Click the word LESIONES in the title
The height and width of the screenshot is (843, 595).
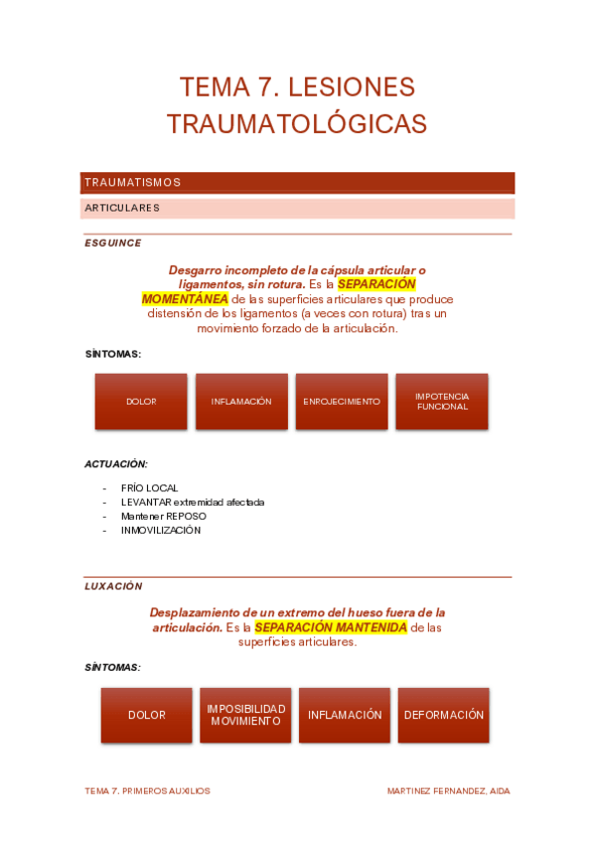351,87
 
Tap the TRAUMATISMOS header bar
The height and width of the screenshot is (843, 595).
297,183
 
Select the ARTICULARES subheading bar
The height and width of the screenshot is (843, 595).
297,209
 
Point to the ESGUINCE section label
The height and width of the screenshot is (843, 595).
113,243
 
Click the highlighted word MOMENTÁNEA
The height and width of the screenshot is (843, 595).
185,299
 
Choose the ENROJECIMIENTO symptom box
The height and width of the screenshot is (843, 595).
342,402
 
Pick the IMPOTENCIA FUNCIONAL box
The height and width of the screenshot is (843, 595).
442,402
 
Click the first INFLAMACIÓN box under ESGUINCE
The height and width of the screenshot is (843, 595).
241,402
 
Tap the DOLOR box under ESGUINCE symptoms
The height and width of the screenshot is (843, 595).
141,402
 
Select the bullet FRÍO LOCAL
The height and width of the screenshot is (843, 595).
150,488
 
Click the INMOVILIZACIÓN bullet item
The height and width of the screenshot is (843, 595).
161,530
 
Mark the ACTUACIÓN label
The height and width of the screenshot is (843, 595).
116,464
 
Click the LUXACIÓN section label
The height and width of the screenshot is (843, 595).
113,587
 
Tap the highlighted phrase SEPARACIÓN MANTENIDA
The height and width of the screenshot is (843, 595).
331,628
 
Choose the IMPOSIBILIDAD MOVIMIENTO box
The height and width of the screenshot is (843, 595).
245,715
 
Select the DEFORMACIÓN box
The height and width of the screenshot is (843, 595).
444,715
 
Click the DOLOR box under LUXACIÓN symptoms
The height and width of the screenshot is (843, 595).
146,715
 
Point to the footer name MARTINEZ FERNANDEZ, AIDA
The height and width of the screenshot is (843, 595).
448,791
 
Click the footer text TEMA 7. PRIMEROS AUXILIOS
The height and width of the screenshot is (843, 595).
147,791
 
